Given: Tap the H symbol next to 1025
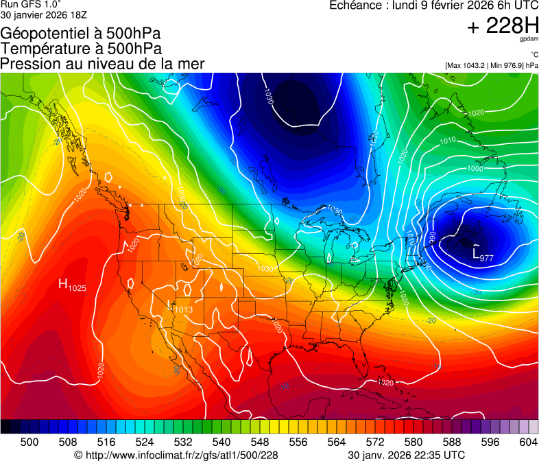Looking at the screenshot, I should click(x=63, y=283).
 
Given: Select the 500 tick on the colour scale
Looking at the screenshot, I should click(x=29, y=442).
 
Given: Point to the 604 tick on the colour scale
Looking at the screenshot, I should click(x=529, y=442).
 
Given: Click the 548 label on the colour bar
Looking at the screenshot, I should click(x=241, y=442).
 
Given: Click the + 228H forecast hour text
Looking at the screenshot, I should click(x=502, y=27).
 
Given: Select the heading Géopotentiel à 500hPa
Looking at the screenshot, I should click(x=81, y=34).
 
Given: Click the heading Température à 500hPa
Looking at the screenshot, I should click(x=81, y=49).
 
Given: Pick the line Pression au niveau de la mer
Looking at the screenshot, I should click(x=103, y=64).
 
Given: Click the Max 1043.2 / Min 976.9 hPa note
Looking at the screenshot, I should click(x=491, y=66).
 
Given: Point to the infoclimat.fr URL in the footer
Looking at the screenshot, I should click(x=176, y=455).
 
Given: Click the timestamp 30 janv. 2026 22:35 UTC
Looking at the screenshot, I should click(x=406, y=455).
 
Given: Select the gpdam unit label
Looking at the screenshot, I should click(x=529, y=40).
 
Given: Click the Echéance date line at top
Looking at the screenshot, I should click(x=434, y=6).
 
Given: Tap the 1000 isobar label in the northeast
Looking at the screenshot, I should click(x=475, y=169).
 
